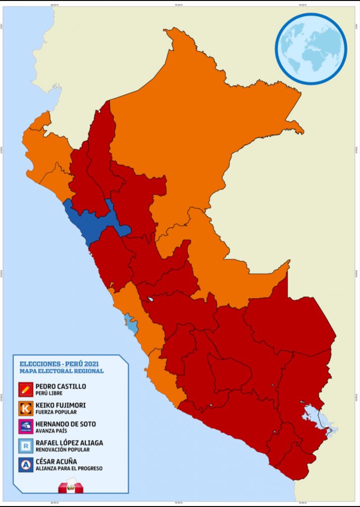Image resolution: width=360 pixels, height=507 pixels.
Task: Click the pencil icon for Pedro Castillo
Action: click(26, 390)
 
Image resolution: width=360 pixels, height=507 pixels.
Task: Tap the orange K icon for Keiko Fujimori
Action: click(26, 408)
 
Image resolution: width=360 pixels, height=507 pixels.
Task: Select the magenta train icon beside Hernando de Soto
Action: click(26, 427)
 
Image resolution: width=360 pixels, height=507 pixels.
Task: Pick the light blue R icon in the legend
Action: click(26, 446)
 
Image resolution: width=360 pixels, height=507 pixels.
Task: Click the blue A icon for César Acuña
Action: click(26, 465)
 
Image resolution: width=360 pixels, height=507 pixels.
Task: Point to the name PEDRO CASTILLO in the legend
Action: click(60, 386)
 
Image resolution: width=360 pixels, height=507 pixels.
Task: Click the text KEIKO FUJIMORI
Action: click(60, 405)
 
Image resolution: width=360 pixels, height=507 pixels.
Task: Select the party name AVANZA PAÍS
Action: click(50, 431)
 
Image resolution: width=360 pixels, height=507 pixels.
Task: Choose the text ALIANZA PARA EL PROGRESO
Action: click(69, 468)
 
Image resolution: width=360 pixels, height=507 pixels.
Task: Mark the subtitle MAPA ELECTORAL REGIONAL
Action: click(61, 371)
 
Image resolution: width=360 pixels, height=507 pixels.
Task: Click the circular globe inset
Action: click(310, 49)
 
